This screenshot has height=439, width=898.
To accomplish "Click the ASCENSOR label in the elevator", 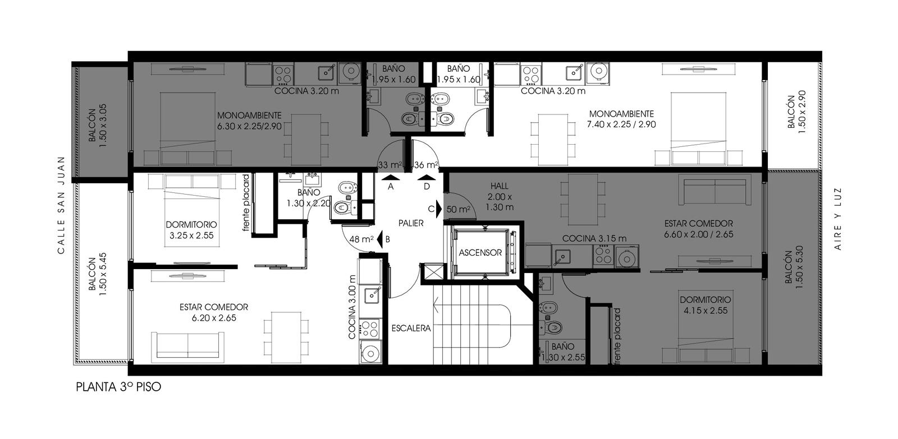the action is pos(480,253).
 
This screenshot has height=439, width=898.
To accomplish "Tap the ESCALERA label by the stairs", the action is pos(411,328).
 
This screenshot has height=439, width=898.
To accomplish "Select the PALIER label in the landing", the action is pos(411,223).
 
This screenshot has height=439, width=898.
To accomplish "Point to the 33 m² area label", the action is pos(390,165).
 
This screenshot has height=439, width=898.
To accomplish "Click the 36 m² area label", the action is pos(426,165).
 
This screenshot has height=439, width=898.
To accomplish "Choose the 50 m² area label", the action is pos(459,209).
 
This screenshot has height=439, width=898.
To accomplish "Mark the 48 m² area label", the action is pos(361,239).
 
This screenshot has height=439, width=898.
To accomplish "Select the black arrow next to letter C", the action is pos(439,209).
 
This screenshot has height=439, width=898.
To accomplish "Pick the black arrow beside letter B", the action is pos(380,238).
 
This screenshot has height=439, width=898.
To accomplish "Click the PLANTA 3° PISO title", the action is pos(118,387).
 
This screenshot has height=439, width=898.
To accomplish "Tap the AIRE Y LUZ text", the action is pos(837,219).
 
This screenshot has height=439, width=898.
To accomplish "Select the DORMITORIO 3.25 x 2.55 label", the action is pos(191,230).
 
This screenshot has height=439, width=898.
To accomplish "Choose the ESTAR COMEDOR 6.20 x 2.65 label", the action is pos(214,312).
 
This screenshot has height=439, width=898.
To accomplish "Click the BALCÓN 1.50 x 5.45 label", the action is pos(98,274).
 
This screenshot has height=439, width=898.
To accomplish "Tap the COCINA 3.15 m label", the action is pos(594,238).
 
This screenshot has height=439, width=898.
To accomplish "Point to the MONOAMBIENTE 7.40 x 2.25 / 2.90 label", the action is pos(621,119).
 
